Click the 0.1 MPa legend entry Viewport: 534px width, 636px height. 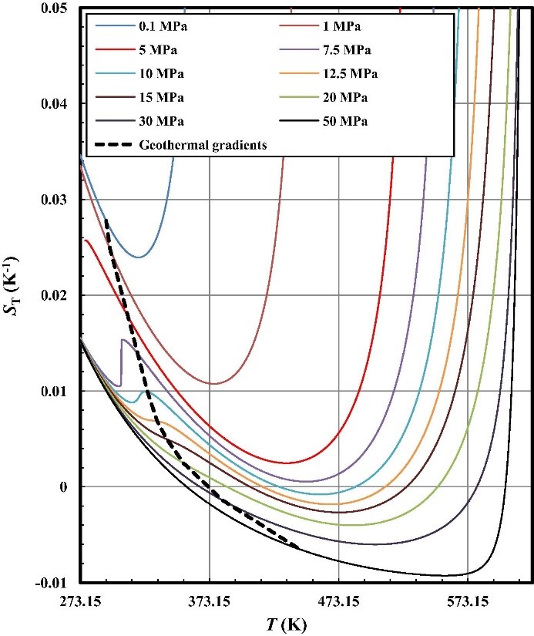pyautogui.click(x=162, y=27)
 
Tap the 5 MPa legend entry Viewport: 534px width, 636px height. pyautogui.click(x=159, y=50)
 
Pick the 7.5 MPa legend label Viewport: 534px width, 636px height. pyautogui.click(x=345, y=50)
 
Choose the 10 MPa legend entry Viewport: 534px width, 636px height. pyautogui.click(x=161, y=74)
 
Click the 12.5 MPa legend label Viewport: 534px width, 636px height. pyautogui.click(x=348, y=74)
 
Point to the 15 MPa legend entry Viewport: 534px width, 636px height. pyautogui.click(x=161, y=98)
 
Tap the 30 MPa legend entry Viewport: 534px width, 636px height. pyautogui.click(x=161, y=121)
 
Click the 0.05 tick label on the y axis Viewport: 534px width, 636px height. pyautogui.click(x=55, y=8)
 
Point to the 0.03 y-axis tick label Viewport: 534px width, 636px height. pyautogui.click(x=55, y=200)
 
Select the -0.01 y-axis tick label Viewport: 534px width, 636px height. pyautogui.click(x=52, y=582)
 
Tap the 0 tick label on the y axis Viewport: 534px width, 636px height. pyautogui.click(x=68, y=486)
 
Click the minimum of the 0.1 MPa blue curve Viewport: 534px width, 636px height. pyautogui.click(x=138, y=257)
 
